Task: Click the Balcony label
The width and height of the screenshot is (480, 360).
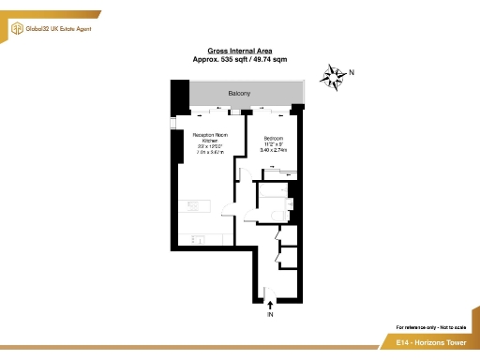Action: point(239,95)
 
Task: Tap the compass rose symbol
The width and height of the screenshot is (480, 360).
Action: point(332,77)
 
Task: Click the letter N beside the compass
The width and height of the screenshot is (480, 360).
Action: point(352,72)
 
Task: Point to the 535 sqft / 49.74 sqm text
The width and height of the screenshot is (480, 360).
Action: point(239,59)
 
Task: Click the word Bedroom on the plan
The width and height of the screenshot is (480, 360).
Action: point(273,138)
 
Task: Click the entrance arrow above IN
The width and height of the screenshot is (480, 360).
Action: point(271,303)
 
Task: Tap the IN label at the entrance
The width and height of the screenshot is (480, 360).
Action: point(271,316)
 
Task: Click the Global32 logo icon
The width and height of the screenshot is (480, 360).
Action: point(16,29)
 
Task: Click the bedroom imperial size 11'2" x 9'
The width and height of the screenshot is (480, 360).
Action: point(273,143)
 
